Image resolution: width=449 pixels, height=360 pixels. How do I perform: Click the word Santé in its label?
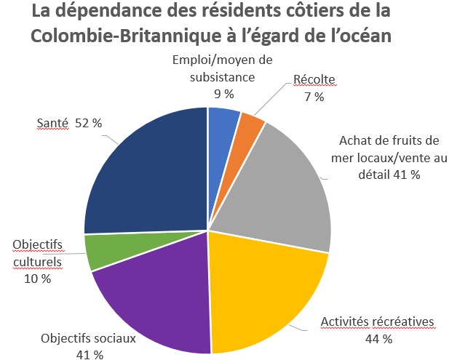(52, 123)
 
